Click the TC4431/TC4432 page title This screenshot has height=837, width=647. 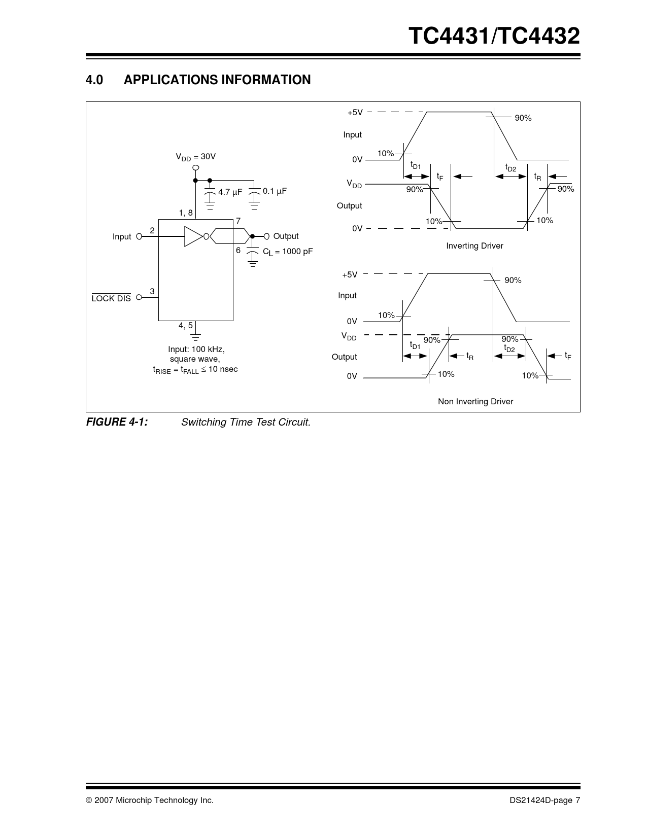pos(494,36)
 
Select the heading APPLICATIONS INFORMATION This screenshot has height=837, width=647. pos(217,80)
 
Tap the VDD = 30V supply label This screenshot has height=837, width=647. pos(196,157)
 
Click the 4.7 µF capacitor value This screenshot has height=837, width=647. pos(230,192)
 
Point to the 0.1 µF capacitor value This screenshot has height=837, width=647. pos(275,191)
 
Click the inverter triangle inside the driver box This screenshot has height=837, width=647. pos(193,236)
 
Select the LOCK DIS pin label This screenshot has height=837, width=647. pos(111,298)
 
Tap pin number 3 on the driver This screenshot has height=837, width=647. pos(152,291)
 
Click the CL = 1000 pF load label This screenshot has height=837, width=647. pos(288,252)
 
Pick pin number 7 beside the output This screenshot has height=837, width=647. pos(238,221)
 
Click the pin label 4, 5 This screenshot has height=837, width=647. pos(185,326)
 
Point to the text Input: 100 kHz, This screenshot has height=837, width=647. pos(196,350)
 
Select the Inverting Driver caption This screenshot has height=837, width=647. pos(475,246)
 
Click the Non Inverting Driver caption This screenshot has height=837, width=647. pos(475,401)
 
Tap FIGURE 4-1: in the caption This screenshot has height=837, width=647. pos(117,422)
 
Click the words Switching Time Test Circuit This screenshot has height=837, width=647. pos(246,422)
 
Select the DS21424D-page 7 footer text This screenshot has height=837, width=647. pos(545,800)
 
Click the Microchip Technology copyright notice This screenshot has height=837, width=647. pos(150,800)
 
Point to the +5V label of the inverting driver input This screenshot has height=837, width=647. pos(355,113)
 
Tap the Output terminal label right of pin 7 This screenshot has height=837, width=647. pos(286,236)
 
